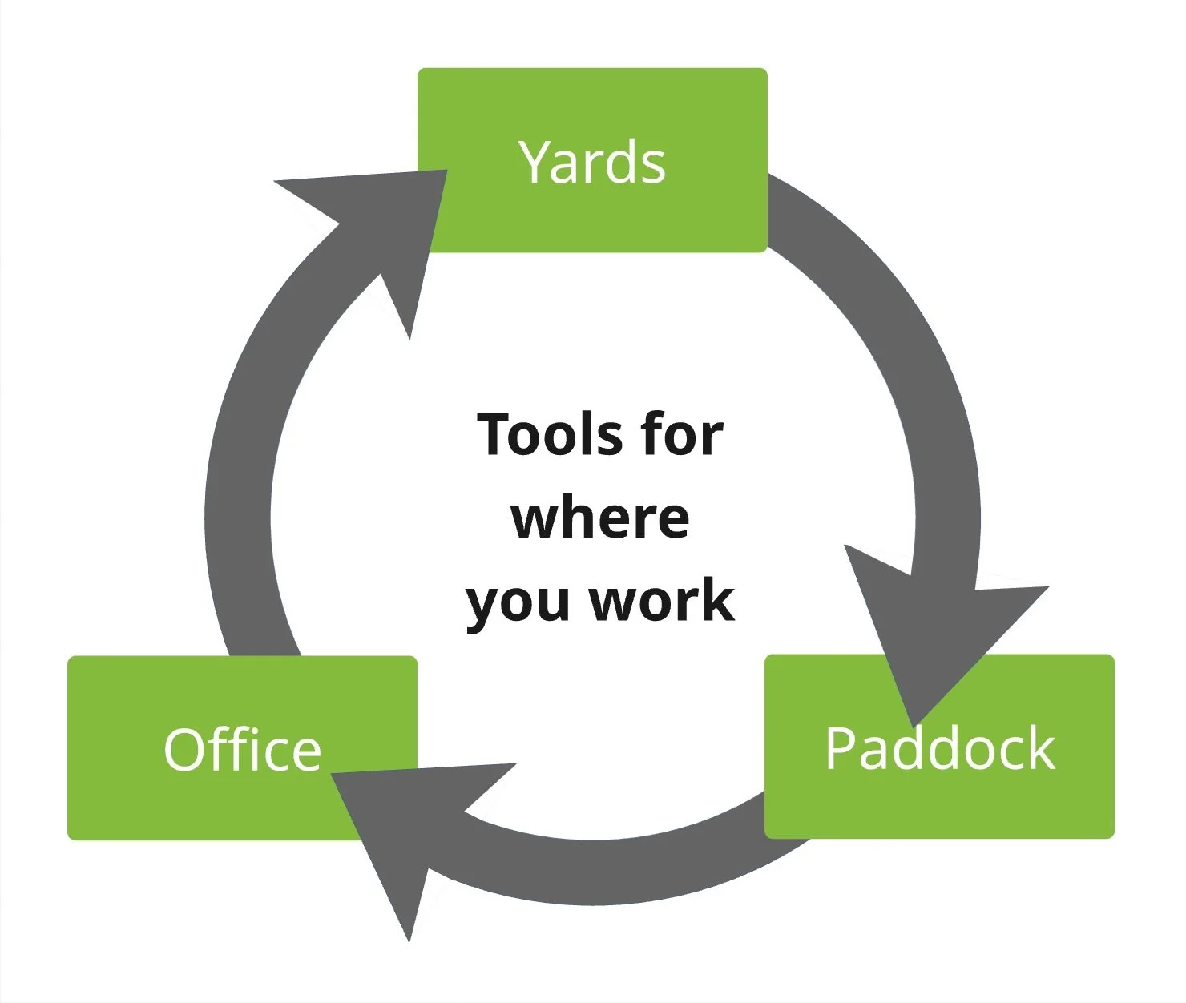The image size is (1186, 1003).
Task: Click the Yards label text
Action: point(592,162)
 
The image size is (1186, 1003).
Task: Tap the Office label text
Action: point(242,750)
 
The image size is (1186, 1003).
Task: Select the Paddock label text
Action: point(940,748)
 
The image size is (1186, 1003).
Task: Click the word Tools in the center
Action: point(545,435)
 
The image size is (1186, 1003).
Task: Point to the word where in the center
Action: point(599,518)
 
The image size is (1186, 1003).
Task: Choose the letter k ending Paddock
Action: point(1041,748)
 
